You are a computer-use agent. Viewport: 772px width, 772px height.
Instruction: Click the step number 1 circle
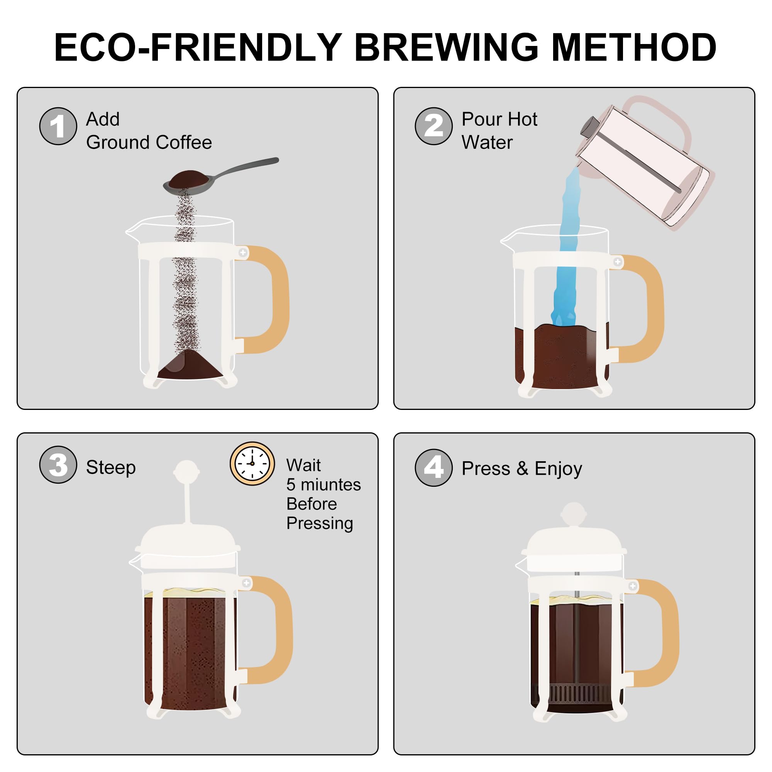(58, 126)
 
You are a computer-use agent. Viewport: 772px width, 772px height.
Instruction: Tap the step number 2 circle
(433, 126)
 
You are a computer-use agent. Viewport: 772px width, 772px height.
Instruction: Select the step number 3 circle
(58, 465)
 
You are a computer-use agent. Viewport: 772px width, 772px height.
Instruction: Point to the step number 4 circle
(433, 467)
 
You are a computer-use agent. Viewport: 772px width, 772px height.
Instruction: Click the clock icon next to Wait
(252, 464)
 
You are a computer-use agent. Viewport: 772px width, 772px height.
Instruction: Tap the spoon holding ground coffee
(220, 177)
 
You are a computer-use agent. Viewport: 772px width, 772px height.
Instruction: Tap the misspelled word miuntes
(330, 485)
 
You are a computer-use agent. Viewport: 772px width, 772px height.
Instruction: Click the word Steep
(111, 468)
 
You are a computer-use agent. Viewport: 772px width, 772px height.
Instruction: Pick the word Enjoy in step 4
(558, 469)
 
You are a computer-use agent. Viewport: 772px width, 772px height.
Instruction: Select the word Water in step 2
(487, 142)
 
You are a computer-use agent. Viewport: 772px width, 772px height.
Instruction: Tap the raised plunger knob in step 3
(186, 472)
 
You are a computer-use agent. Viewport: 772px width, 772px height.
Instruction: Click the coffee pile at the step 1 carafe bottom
(190, 364)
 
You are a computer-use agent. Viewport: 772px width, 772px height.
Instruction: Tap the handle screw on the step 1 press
(243, 252)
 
